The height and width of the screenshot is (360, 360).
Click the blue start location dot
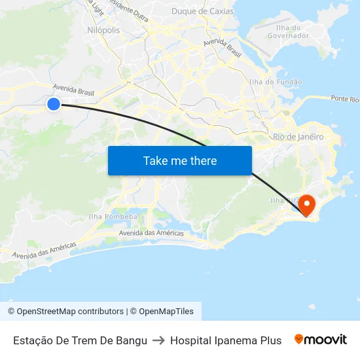coord(54,104)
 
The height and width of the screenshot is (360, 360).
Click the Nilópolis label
coord(103,30)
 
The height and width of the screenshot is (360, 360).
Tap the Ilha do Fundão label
coord(276,82)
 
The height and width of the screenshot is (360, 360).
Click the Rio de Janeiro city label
coord(298,137)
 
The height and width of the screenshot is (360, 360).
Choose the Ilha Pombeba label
coord(113,217)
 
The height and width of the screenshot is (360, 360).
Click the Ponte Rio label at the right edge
coord(345,99)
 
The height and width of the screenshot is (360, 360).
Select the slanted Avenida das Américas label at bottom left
coord(44,250)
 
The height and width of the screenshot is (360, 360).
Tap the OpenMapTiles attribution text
coord(166,312)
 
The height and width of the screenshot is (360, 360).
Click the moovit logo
coord(321,340)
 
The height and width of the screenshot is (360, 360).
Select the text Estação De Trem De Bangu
coord(80,340)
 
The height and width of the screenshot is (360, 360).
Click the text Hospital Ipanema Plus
coord(226,340)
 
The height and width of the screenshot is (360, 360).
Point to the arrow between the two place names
coord(158,340)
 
